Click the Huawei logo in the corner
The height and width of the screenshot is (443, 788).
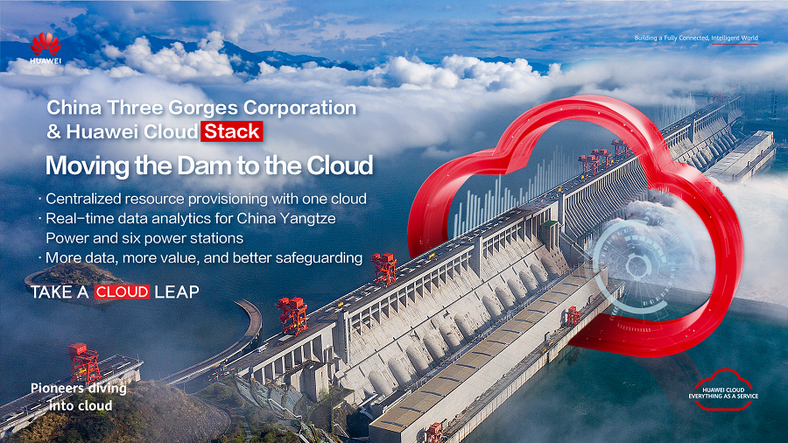click(46, 48)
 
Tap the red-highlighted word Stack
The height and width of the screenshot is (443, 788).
click(232, 131)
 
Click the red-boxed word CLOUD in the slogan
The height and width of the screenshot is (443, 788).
click(122, 292)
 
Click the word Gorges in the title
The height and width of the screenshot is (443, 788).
click(202, 109)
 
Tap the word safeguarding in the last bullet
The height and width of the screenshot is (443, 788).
click(319, 258)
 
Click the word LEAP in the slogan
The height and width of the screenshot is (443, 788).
click(177, 292)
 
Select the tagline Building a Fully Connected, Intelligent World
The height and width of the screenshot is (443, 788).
click(696, 38)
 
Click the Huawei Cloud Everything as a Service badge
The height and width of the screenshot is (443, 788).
click(724, 390)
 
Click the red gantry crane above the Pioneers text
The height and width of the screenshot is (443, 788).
click(84, 362)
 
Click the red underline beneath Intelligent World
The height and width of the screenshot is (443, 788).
click(735, 44)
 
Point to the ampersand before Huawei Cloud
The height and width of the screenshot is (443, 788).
click(53, 132)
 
